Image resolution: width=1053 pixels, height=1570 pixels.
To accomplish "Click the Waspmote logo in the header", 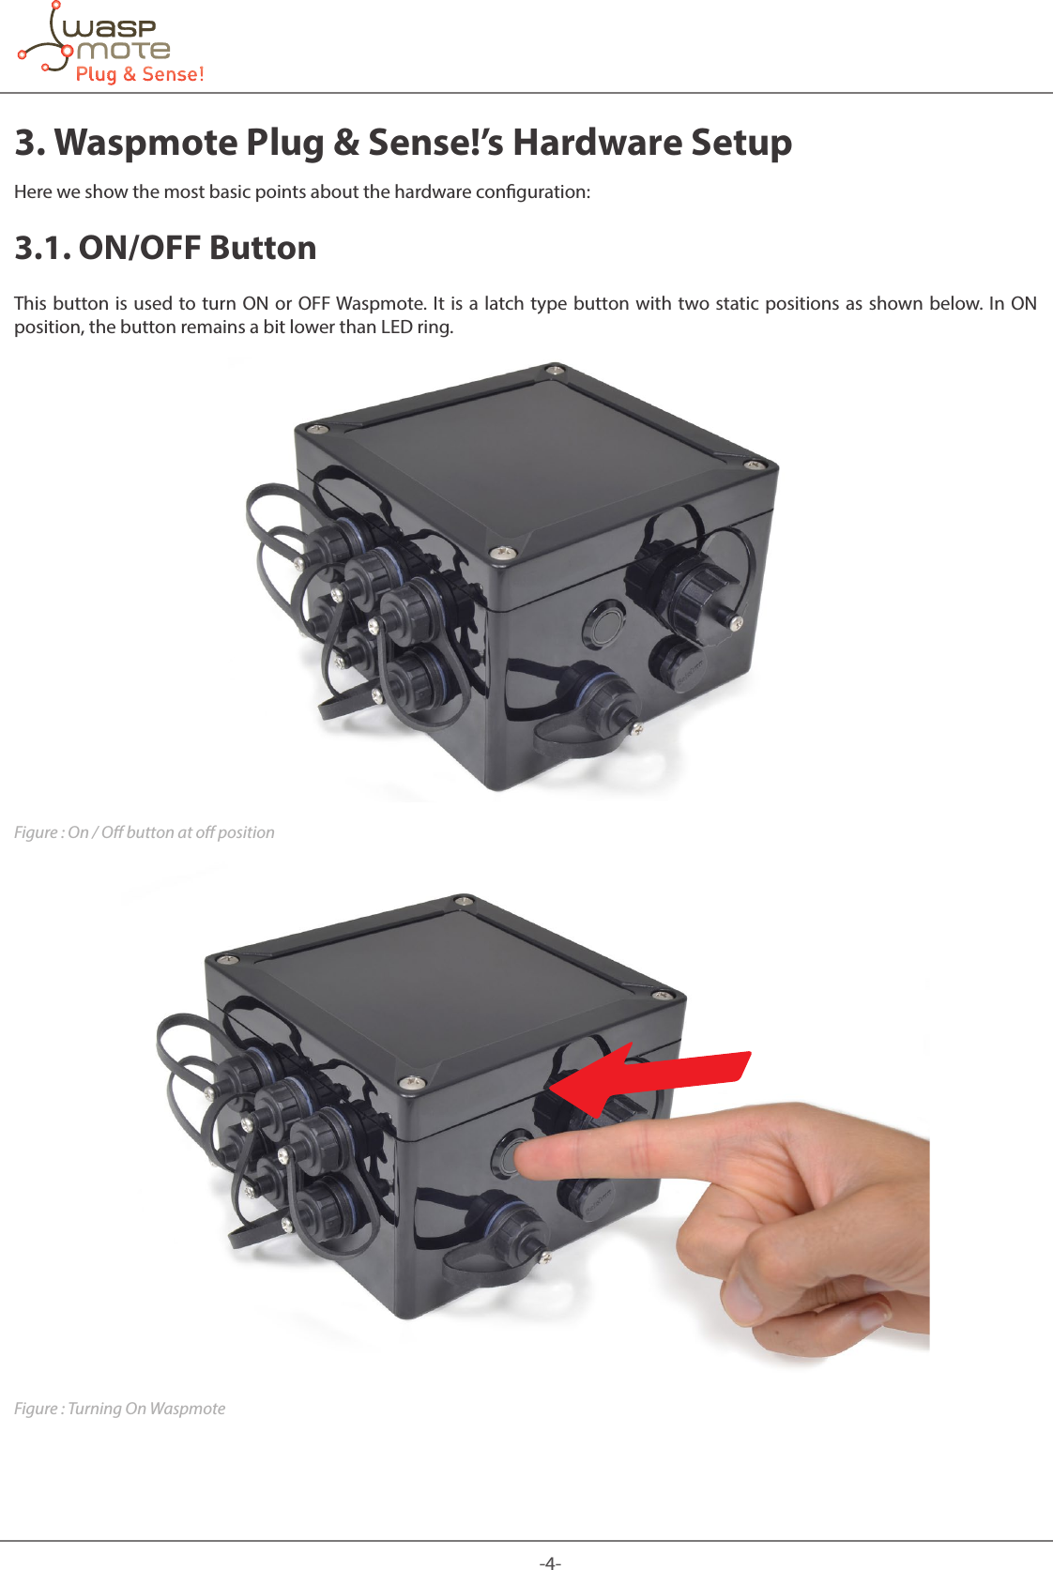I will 111,44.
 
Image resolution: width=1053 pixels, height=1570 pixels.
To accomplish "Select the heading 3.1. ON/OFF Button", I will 165,248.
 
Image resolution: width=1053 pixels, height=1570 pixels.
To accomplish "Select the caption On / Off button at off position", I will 145,832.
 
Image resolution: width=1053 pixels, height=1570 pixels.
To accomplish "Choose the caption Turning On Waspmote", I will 120,1409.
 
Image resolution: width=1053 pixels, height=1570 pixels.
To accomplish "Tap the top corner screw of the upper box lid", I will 556,369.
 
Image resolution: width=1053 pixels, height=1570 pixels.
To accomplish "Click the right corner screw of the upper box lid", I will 752,465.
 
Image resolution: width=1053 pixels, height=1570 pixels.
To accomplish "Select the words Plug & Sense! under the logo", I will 140,74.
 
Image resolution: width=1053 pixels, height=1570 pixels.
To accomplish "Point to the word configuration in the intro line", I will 532,191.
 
